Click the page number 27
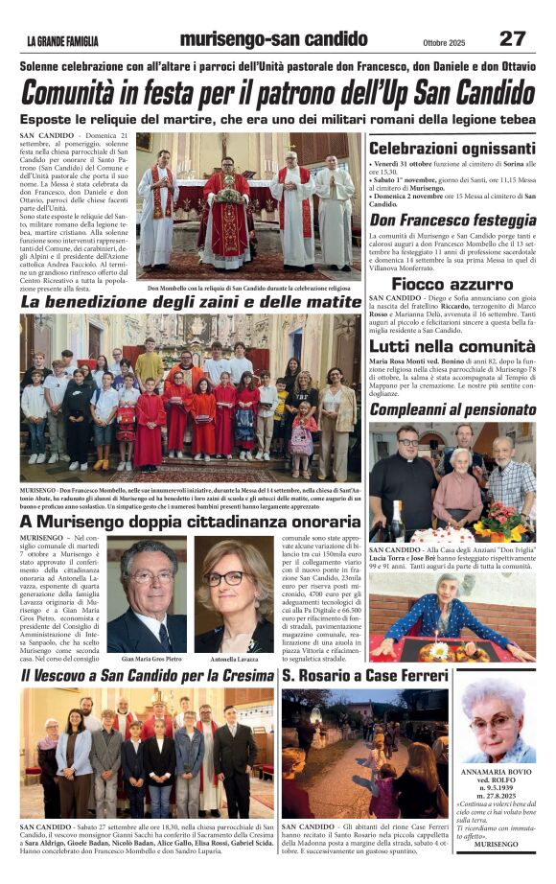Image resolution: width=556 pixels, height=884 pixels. click(x=512, y=38)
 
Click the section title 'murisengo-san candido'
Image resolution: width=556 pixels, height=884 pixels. click(x=273, y=39)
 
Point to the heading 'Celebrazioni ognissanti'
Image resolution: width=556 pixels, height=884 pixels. click(x=452, y=149)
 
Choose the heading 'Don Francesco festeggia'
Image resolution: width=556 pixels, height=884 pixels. click(x=452, y=220)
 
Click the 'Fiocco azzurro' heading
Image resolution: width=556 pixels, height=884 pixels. click(x=452, y=284)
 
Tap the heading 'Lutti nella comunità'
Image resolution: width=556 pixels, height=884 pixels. click(x=452, y=347)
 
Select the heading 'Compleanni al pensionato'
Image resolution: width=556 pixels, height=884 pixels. click(x=452, y=409)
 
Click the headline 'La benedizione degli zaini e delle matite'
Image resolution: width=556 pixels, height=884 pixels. click(x=192, y=302)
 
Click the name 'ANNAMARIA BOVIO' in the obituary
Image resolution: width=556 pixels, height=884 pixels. click(x=496, y=771)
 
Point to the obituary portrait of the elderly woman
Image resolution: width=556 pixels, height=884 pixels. click(x=496, y=724)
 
